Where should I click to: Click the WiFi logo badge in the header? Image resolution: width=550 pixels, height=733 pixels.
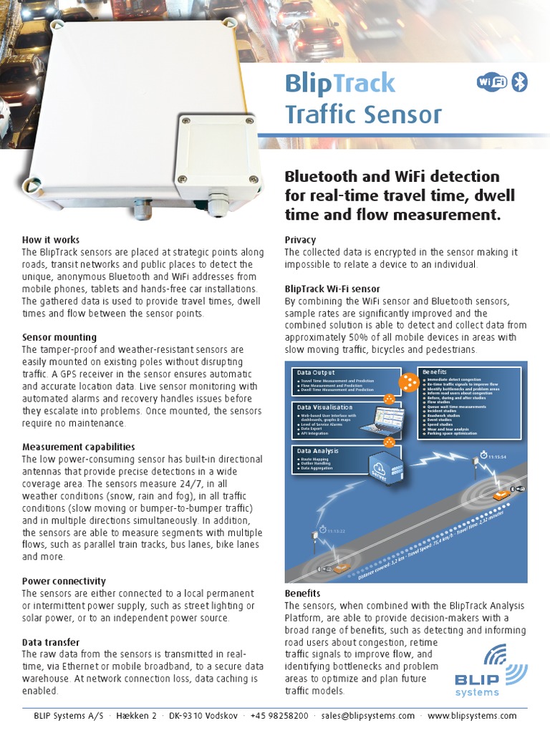pyautogui.click(x=492, y=82)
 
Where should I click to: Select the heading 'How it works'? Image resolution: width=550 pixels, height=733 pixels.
pyautogui.click(x=51, y=240)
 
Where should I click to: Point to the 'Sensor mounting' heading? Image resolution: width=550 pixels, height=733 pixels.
pyautogui.click(x=59, y=337)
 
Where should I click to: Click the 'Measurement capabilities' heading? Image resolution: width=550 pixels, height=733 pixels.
pyautogui.click(x=79, y=447)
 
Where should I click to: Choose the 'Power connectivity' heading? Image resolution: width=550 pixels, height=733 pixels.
pyautogui.click(x=64, y=581)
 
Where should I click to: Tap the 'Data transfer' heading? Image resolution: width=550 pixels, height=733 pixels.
pyautogui.click(x=51, y=642)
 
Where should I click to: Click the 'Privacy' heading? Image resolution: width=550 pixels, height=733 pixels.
pyautogui.click(x=300, y=240)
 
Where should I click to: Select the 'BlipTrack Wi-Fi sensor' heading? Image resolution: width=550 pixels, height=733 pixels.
pyautogui.click(x=332, y=288)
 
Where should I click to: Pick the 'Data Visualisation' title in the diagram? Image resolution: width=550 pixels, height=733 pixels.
pyautogui.click(x=324, y=407)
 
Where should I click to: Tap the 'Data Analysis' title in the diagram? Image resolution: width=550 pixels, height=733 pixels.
pyautogui.click(x=319, y=451)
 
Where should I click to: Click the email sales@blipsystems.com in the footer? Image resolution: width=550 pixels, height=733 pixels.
pyautogui.click(x=368, y=716)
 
